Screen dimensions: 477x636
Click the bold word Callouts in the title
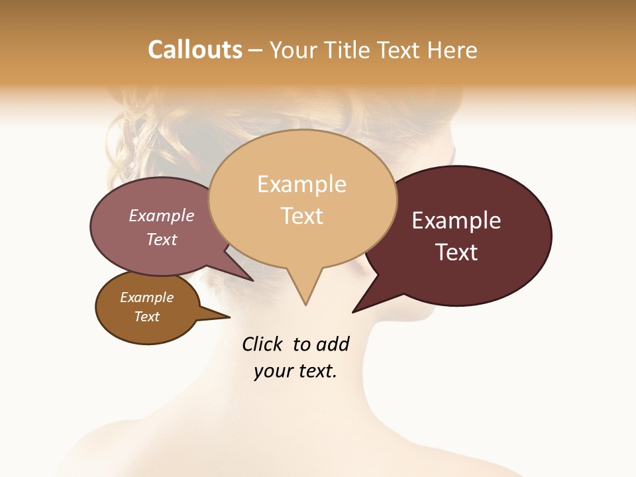195,50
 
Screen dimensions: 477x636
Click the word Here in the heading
452,50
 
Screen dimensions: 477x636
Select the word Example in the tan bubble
301,184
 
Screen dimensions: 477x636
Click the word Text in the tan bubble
301,216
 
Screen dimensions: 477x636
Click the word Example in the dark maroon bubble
456,221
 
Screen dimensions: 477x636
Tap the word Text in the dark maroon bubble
456,252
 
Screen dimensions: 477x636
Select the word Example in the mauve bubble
162,215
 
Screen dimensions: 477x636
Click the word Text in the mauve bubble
162,239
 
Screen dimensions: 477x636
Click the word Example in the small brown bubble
146,297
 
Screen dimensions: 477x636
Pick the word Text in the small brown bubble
146,317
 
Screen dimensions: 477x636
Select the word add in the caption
333,344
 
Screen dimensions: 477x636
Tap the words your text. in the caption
295,372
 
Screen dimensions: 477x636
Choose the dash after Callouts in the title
256,50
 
